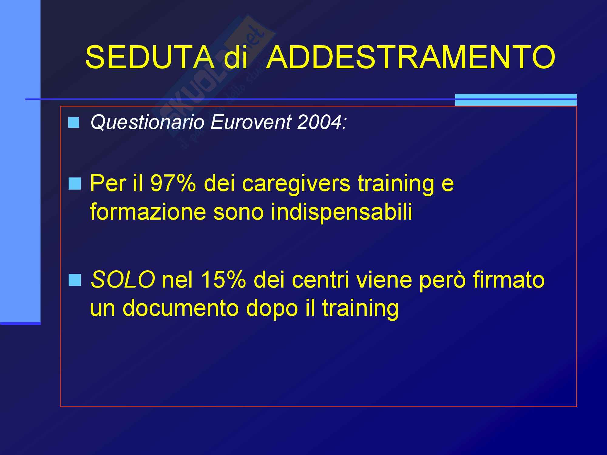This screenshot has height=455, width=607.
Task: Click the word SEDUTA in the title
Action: (149, 57)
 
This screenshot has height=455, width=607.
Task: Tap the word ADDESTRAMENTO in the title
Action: (412, 57)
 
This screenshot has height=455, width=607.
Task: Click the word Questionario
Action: (147, 122)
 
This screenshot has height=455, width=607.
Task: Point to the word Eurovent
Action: (250, 122)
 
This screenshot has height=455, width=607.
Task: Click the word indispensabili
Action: (342, 212)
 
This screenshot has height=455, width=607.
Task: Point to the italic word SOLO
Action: (123, 279)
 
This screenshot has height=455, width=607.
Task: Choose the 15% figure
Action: (223, 279)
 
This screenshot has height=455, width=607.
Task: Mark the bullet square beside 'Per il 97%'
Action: (75, 184)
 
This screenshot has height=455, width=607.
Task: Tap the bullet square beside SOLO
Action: (75, 280)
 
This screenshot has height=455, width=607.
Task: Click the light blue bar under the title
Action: (516, 100)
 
